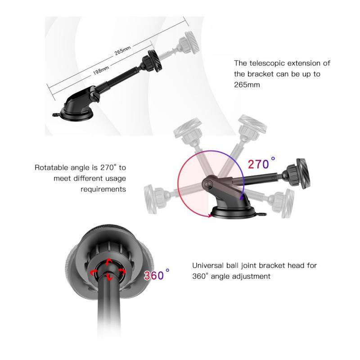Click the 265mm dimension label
(x=122, y=50)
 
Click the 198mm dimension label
(x=101, y=70)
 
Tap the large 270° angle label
(x=261, y=163)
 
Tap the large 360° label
(x=157, y=274)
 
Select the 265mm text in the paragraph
(x=247, y=85)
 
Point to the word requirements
(x=103, y=189)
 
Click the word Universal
(x=208, y=265)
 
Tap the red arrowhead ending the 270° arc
(x=210, y=216)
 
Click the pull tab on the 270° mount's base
(x=261, y=215)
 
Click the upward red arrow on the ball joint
(x=108, y=262)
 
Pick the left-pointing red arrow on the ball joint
(x=94, y=273)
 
